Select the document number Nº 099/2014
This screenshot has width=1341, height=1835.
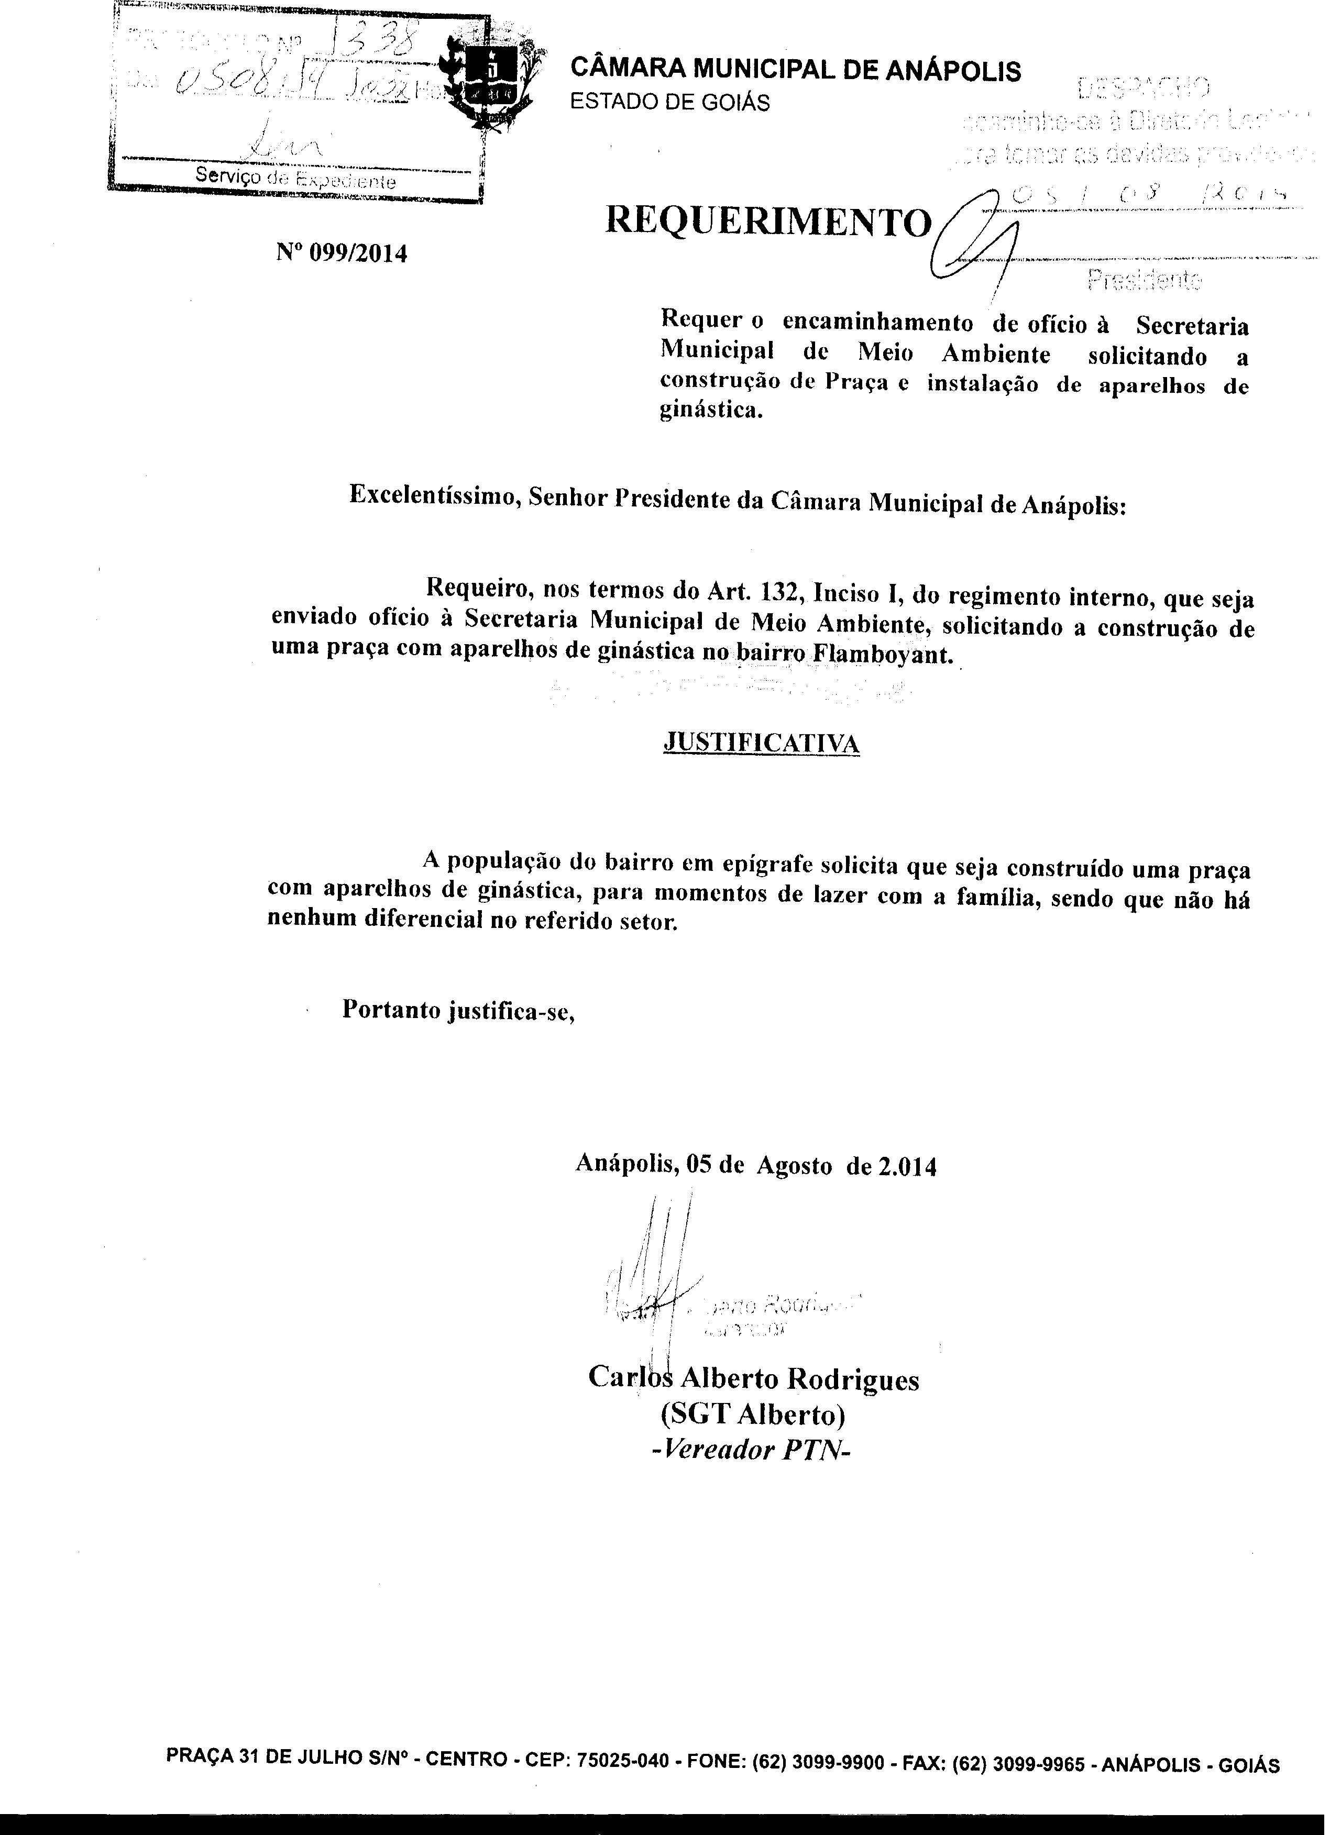[342, 254]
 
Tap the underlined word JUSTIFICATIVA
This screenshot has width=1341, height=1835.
[762, 742]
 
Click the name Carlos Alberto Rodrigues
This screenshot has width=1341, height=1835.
[753, 1378]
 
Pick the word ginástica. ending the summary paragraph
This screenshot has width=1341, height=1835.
[711, 411]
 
